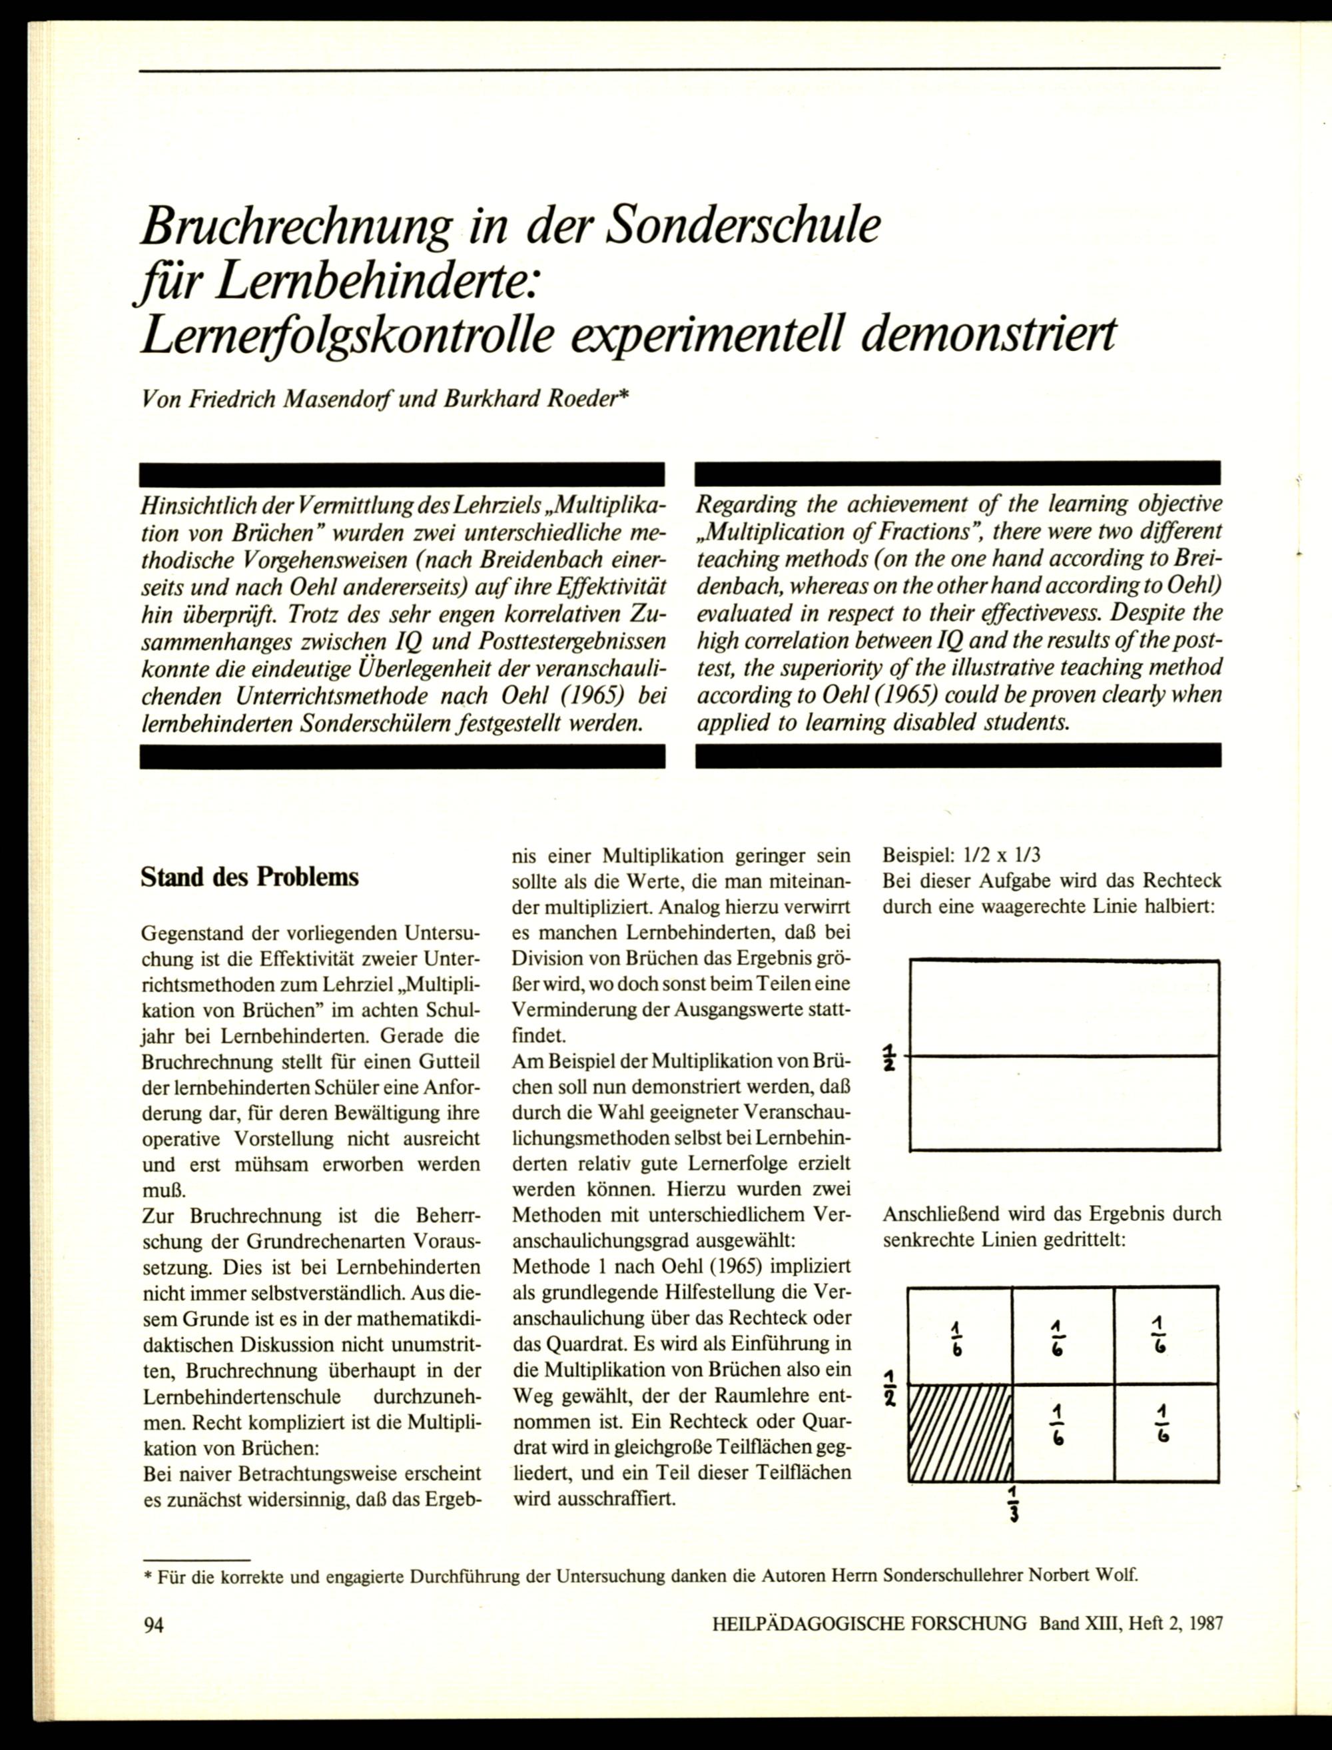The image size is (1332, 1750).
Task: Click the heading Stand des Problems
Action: click(x=249, y=877)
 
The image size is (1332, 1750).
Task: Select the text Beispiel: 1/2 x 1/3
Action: click(x=961, y=855)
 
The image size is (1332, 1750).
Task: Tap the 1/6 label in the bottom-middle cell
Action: click(x=1058, y=1425)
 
